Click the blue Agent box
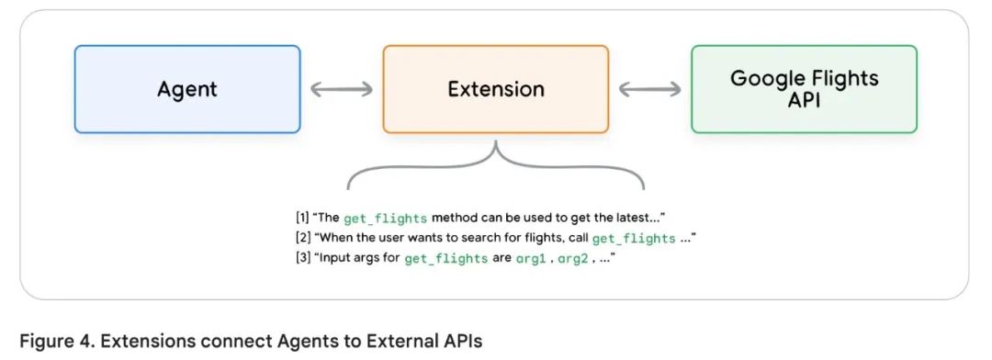pos(187,89)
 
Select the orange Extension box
pos(495,89)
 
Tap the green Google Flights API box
pos(804,89)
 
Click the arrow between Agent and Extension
pos(342,89)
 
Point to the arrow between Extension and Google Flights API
pos(649,89)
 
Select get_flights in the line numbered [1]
pos(385,219)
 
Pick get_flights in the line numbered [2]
pos(633,239)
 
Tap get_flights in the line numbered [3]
pos(446,259)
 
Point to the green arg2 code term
pos(573,259)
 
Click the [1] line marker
pos(302,219)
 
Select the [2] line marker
pos(302,238)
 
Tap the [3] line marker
pos(302,258)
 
